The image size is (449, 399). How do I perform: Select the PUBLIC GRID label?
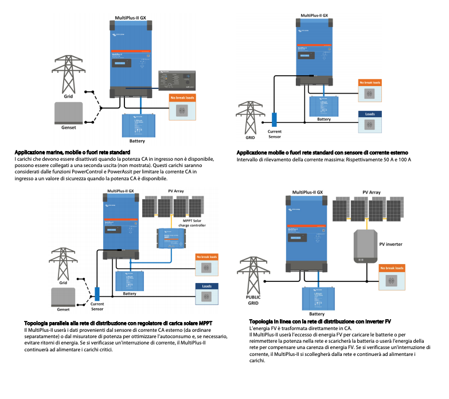(x=253, y=299)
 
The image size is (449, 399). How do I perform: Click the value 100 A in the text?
(x=405, y=159)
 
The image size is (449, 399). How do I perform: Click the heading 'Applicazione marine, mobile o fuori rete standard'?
(x=69, y=151)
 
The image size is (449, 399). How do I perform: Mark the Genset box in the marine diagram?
(x=69, y=113)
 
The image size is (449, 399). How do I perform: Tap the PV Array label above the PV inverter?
(x=372, y=193)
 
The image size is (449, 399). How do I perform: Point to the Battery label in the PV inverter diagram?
(x=317, y=314)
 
